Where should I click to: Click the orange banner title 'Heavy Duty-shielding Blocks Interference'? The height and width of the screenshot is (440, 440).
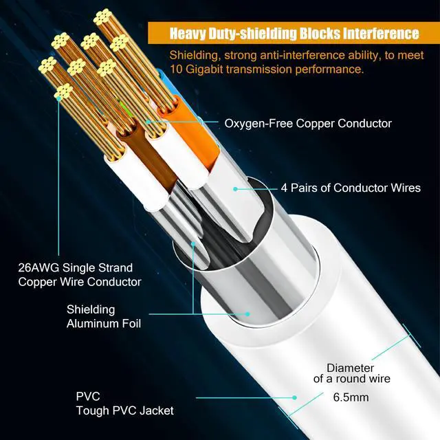coord(294,33)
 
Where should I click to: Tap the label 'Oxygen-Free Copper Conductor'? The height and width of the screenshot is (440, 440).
coord(308,123)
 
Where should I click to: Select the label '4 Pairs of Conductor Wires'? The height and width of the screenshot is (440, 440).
coord(351,187)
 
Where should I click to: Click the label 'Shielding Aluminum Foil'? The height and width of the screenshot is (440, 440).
coord(103,316)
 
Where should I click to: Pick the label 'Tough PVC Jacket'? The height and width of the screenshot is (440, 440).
coord(124,410)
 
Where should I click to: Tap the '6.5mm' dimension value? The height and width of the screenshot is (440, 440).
coord(351,397)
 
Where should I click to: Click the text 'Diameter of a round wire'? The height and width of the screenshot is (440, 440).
coord(351,373)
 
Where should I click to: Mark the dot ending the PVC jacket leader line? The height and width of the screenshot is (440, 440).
coord(294,397)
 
